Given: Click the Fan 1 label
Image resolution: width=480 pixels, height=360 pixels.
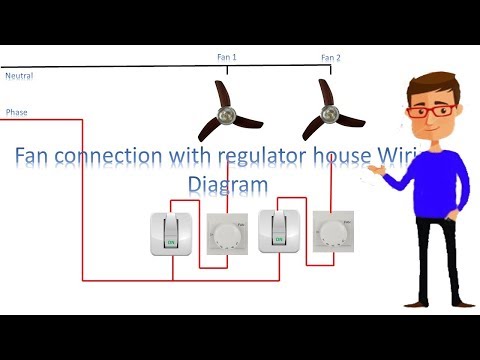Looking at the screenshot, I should point(227,58).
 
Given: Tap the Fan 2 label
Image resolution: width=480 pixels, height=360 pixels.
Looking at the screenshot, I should point(331,58).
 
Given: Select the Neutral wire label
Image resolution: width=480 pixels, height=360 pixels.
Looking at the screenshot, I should point(19,76).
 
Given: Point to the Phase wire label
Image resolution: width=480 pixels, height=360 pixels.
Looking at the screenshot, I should point(17,112).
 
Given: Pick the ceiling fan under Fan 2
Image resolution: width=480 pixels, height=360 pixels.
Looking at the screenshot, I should point(327,109).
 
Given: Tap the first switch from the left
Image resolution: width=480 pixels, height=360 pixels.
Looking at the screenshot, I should point(169,233).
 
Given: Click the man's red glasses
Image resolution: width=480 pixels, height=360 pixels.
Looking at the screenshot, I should point(432,111).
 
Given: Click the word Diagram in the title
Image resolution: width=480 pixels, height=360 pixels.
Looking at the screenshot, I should point(229,184).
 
